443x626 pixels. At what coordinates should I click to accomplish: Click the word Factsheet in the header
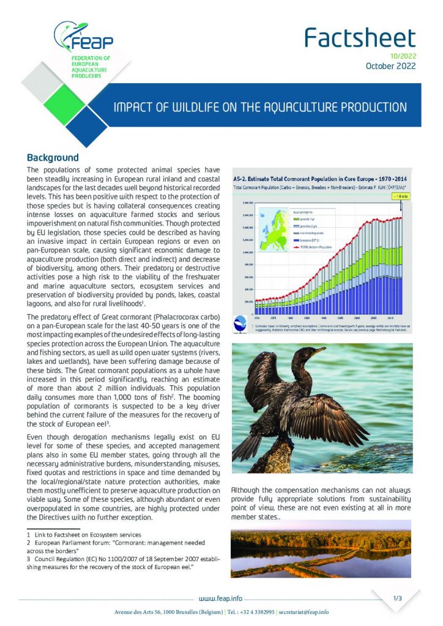click(x=360, y=38)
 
